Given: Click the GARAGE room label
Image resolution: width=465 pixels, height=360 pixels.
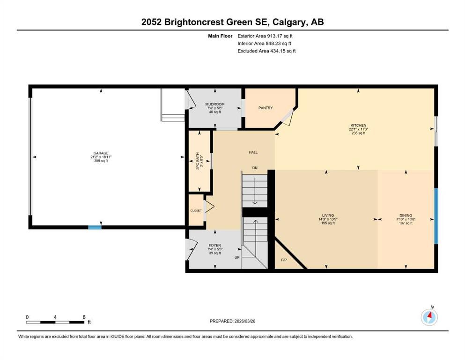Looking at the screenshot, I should click(x=100, y=153).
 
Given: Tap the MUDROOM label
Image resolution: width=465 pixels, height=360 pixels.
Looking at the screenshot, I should click(x=215, y=104).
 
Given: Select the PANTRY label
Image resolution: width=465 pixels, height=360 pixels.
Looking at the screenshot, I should click(x=266, y=108).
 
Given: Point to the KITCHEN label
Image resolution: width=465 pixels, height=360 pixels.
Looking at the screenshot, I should click(x=358, y=125).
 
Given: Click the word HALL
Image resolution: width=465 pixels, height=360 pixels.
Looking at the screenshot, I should click(x=253, y=152).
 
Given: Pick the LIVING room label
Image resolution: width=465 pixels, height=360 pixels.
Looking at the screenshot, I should click(x=327, y=215).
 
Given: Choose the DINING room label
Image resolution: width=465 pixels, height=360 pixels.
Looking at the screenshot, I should click(x=405, y=215).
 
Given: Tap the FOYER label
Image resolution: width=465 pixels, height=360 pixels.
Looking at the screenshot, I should click(x=214, y=245).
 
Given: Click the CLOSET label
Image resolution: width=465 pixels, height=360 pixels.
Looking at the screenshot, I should click(x=196, y=211).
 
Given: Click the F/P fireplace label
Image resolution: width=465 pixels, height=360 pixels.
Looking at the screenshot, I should click(x=284, y=259).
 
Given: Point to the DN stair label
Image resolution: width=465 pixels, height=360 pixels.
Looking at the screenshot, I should click(x=255, y=167).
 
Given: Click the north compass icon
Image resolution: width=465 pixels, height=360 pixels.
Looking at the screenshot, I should click(x=429, y=317).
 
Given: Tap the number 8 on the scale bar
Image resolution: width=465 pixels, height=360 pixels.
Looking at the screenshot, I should click(x=83, y=317).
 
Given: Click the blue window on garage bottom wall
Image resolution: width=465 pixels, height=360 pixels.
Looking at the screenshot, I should click(x=95, y=228).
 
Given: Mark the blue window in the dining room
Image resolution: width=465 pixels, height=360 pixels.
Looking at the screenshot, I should click(x=435, y=216).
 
